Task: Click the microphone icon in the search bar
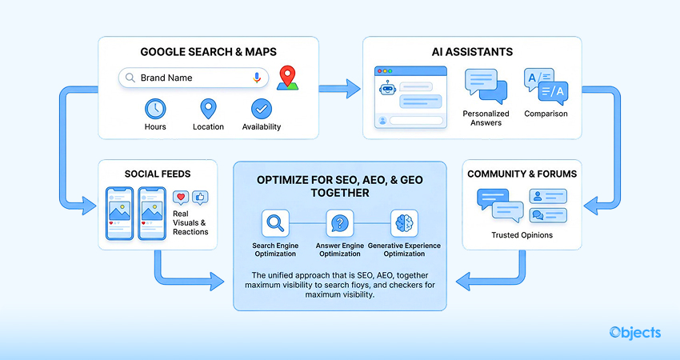(257, 78)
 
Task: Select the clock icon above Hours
(154, 109)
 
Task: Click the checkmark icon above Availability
(261, 109)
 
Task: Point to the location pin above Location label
(208, 109)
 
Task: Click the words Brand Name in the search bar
(166, 78)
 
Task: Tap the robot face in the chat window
(389, 88)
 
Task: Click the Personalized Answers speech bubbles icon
(486, 85)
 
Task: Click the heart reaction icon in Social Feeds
(180, 197)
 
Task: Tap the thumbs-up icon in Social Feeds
(199, 197)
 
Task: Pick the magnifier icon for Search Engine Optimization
(274, 222)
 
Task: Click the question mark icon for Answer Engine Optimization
(339, 222)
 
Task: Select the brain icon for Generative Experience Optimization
(404, 222)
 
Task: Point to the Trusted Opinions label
(522, 235)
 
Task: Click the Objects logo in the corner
(634, 332)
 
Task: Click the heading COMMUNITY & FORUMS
(522, 174)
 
